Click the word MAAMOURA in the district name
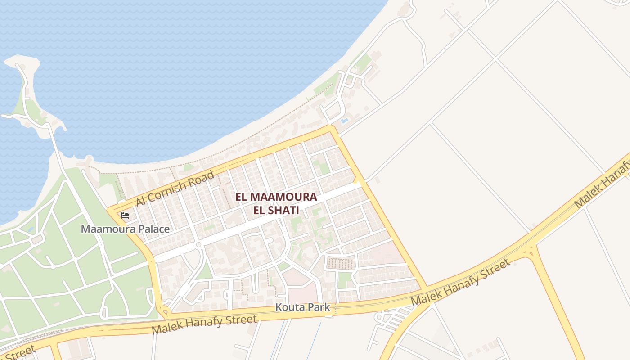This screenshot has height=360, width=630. (283, 197)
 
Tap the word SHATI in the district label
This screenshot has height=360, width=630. (285, 210)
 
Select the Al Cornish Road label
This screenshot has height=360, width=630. (175, 189)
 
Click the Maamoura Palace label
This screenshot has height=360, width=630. (125, 229)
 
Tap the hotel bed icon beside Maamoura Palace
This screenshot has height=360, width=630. (125, 216)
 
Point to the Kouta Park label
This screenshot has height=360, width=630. (303, 308)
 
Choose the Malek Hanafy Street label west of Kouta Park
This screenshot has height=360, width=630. (204, 324)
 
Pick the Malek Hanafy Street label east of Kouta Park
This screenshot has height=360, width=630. (461, 282)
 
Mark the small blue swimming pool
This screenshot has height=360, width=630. (344, 121)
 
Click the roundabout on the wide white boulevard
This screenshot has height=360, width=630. (198, 245)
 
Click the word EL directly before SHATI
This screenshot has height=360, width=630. (259, 210)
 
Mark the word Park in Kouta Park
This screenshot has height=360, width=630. (319, 308)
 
